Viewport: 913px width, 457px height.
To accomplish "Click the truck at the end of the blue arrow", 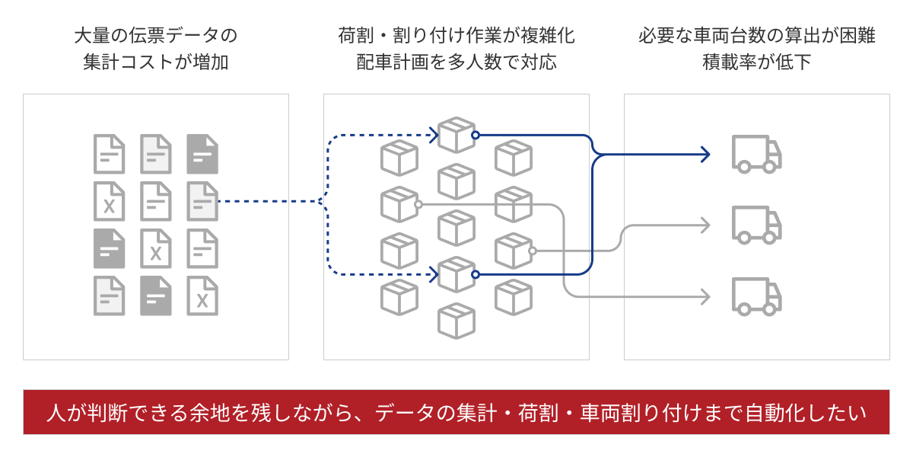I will [x=756, y=154].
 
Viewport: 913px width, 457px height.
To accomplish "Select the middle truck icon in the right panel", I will [x=756, y=225].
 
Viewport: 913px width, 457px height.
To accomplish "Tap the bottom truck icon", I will [x=756, y=296].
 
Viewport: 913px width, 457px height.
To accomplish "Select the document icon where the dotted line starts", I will [x=202, y=202].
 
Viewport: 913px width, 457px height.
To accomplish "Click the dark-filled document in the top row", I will [x=202, y=154].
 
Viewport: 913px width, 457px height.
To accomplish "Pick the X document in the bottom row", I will [x=202, y=296].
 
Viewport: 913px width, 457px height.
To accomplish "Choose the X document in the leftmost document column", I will [x=109, y=202].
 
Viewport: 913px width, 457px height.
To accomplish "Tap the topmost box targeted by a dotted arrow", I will [x=456, y=136].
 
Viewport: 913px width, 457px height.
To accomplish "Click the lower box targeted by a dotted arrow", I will [x=456, y=274].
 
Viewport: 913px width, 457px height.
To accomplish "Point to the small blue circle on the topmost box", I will [x=476, y=136].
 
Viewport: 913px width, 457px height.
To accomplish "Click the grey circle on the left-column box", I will [x=418, y=204].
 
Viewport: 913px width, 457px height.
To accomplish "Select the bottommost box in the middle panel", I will [x=456, y=321].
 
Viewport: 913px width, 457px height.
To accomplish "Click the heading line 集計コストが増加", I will [x=156, y=62].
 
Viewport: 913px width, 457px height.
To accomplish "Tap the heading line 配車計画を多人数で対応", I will [x=456, y=62].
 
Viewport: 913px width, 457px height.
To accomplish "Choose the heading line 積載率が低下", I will [x=756, y=62].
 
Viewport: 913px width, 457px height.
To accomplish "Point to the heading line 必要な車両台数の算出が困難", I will [x=756, y=36].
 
